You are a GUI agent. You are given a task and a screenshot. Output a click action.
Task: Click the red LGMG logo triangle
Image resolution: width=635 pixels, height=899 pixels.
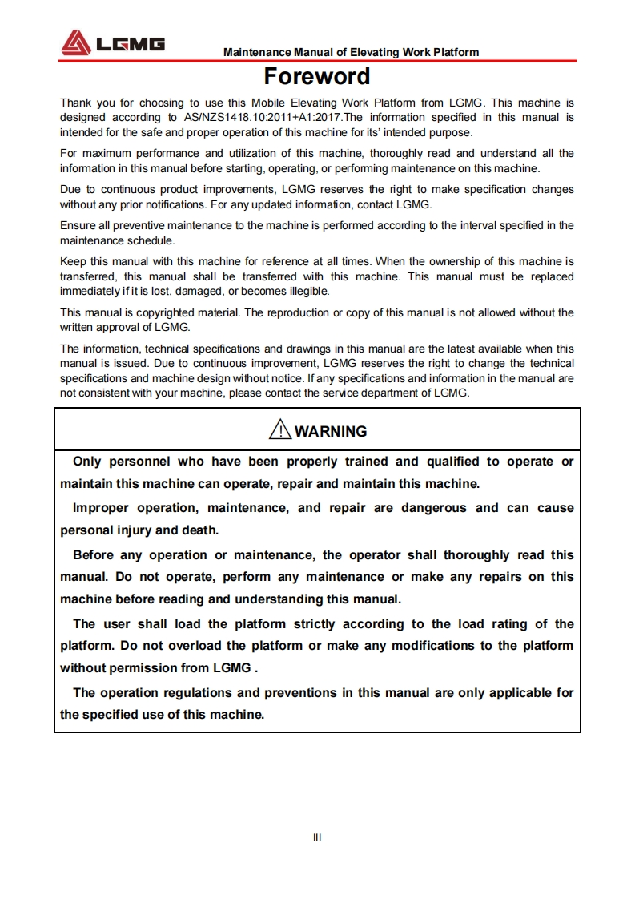[x=77, y=42]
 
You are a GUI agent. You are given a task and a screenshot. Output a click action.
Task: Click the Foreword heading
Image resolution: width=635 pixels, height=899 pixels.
[x=317, y=77]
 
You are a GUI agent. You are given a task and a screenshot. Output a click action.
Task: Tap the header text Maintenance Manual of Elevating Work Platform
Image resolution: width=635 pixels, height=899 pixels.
[x=351, y=52]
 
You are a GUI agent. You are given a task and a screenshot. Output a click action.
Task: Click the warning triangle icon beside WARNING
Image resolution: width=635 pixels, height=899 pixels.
[x=280, y=430]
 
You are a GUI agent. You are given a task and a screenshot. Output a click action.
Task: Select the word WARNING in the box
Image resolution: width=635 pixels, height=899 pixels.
[x=331, y=431]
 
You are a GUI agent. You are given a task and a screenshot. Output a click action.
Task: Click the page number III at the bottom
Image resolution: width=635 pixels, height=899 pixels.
[x=317, y=837]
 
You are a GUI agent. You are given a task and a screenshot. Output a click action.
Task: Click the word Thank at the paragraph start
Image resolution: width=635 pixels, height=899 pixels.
[x=75, y=103]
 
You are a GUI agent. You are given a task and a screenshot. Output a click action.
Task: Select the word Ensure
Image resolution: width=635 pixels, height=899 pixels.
[x=78, y=226]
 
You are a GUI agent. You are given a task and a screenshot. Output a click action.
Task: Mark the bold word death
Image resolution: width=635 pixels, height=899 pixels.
[x=203, y=530]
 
